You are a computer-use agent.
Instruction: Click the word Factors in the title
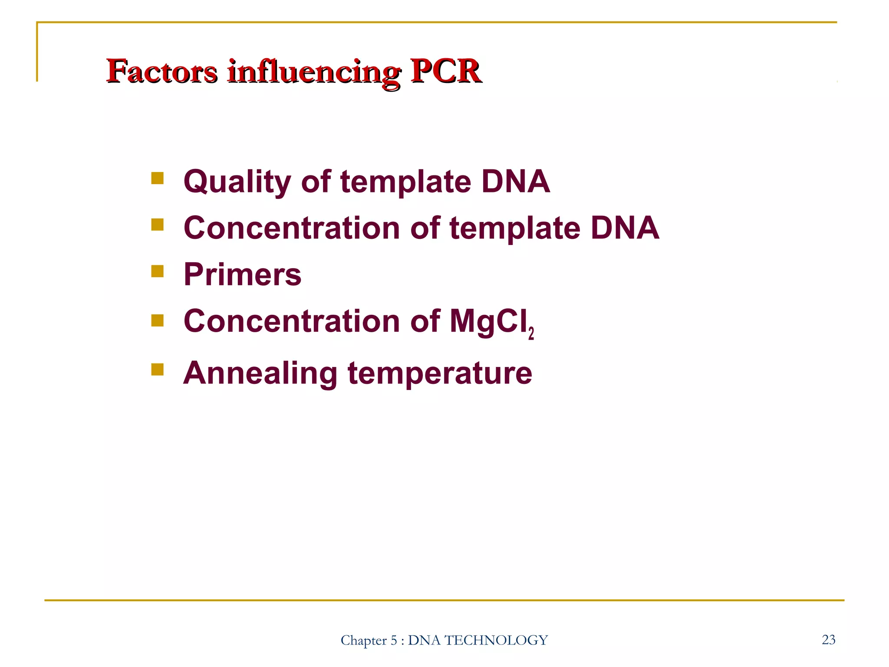tap(161, 71)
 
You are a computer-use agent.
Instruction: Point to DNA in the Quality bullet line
tap(516, 182)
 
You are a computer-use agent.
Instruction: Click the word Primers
tap(242, 274)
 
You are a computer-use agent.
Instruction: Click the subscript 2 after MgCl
tap(531, 333)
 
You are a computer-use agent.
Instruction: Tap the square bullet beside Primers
tap(158, 271)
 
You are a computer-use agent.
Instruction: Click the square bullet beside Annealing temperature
tap(158, 370)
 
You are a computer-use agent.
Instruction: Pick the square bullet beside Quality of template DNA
tap(158, 178)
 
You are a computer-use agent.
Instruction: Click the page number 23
tap(828, 640)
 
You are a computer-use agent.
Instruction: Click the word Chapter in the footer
tap(363, 640)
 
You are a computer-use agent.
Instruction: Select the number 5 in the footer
tap(394, 640)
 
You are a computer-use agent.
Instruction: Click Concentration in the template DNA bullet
tap(291, 228)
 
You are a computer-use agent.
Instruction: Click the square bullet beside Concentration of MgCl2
tap(158, 320)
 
